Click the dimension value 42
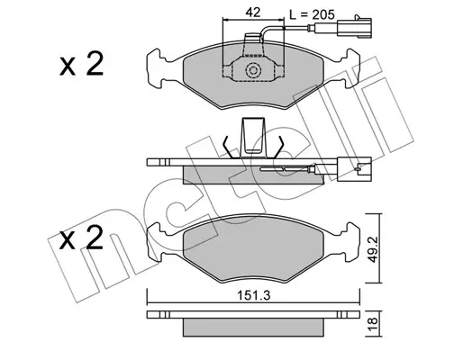pos(253,13)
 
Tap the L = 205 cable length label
pos(312,14)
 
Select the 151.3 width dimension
pos(254,295)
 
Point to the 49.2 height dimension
pos(372,248)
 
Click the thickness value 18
pos(372,325)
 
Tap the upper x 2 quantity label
pos(81,64)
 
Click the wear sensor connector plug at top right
pos(354,28)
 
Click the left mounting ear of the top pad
pos(156,68)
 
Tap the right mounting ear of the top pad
pos(351,68)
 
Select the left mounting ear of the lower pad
pos(156,242)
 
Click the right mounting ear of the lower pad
pos(351,242)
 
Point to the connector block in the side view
pos(354,169)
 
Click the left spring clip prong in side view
pos(228,147)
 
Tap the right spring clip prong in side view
pos(278,147)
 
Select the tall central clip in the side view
pos(253,138)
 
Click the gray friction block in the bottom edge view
pos(253,328)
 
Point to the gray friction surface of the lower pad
pos(253,249)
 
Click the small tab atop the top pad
pos(253,38)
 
